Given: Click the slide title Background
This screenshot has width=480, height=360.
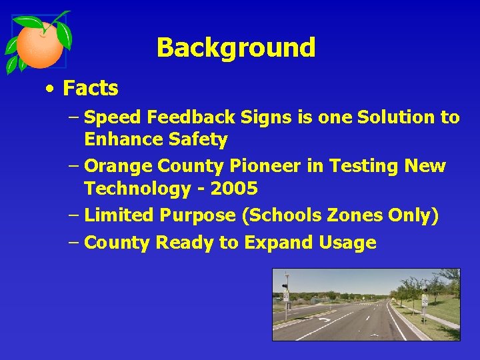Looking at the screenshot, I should pos(235,48).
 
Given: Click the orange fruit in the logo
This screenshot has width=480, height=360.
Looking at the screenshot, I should pos(40,44).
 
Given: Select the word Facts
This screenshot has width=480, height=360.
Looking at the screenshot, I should pos(90,88).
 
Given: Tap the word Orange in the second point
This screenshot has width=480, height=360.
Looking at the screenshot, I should pos(117,165).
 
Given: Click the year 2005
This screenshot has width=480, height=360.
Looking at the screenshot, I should pos(234,189).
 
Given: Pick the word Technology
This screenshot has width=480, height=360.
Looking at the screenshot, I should pos(137,189).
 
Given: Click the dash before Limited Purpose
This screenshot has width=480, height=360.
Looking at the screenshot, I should pos(73,215).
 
